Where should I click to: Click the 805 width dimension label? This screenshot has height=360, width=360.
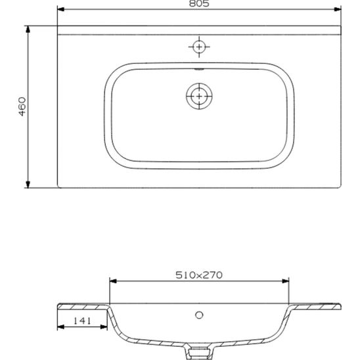[x=199, y=3]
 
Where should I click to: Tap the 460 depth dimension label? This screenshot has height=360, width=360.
[x=22, y=106]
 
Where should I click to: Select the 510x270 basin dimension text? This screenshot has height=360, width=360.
[x=199, y=275]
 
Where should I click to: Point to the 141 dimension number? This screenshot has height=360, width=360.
[x=82, y=321]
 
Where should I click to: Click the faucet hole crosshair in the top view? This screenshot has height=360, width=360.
[x=199, y=47]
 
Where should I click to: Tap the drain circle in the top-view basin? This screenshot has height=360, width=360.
[x=199, y=96]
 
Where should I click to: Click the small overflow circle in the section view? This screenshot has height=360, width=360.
[x=199, y=315]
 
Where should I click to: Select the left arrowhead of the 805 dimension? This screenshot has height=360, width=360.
[x=60, y=9]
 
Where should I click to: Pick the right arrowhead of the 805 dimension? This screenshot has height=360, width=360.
[x=338, y=9]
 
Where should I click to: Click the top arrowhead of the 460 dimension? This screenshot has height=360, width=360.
[x=28, y=29]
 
